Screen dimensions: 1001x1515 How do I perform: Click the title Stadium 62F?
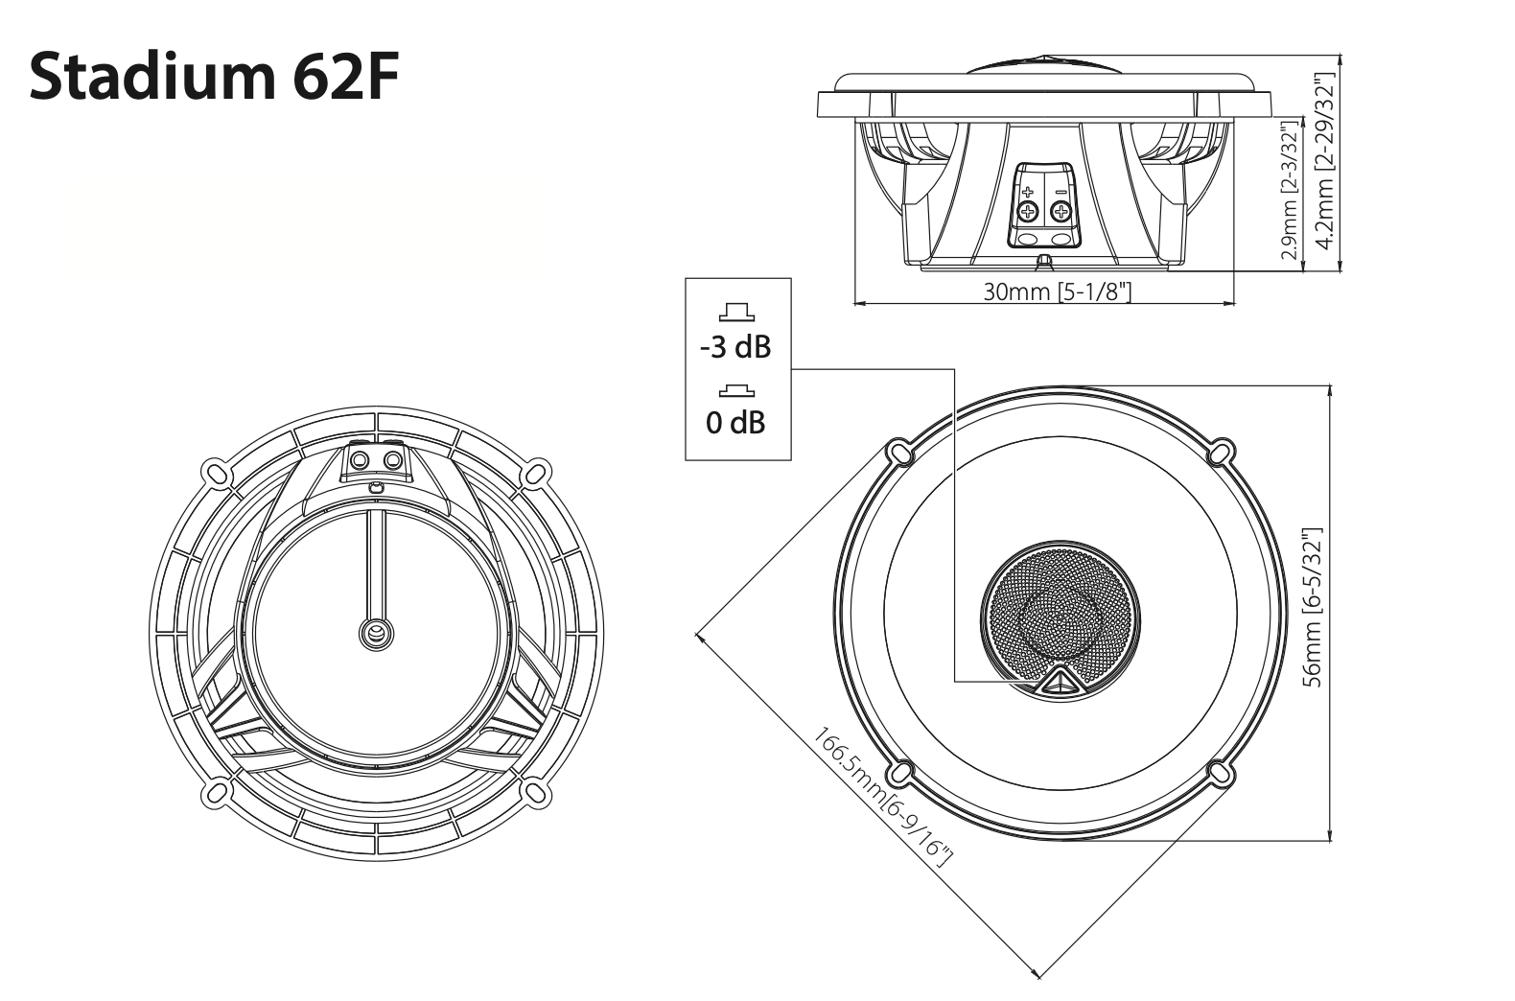[213, 75]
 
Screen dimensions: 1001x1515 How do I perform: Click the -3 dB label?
[735, 346]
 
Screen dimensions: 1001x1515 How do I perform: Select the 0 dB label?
[735, 421]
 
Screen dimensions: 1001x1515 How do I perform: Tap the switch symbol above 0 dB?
[735, 389]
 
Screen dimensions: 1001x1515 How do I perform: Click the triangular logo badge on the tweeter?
[1059, 681]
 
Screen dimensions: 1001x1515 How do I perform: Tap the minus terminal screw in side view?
[1060, 211]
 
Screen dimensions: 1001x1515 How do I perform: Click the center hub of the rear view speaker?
[375, 632]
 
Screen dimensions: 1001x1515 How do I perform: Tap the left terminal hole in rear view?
[360, 461]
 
